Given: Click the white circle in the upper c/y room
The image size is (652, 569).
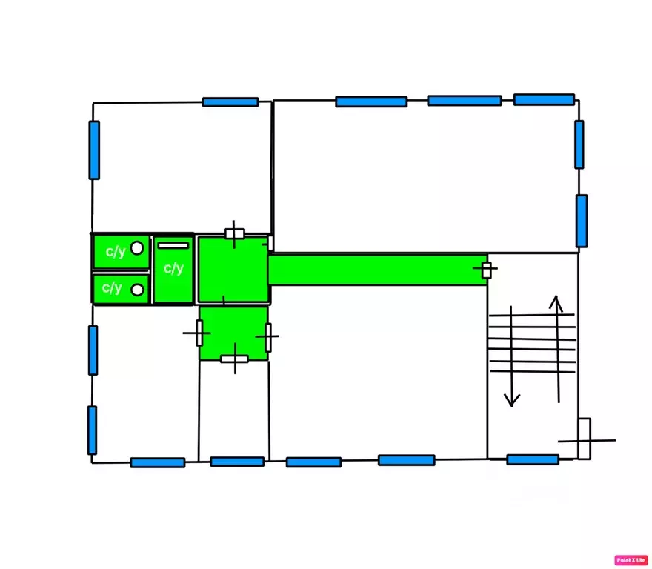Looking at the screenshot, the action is pos(137,248).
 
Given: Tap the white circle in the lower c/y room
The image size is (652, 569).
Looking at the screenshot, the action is pos(137,290).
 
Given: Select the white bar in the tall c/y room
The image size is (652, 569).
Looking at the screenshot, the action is pos(173,245).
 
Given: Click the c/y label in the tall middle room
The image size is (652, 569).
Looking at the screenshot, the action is pos(173,268).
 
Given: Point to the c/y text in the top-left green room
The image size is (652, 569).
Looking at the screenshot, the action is pos(116,252).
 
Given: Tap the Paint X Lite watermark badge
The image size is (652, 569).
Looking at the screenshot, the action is pos(631,560).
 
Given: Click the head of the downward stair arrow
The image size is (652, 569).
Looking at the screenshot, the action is pos(512,400).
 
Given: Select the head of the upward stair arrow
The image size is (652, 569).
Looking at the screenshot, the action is pos(556,303).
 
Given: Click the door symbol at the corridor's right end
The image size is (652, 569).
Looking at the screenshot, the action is pos(486,270).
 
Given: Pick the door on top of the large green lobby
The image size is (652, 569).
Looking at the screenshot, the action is pos(235,234).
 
